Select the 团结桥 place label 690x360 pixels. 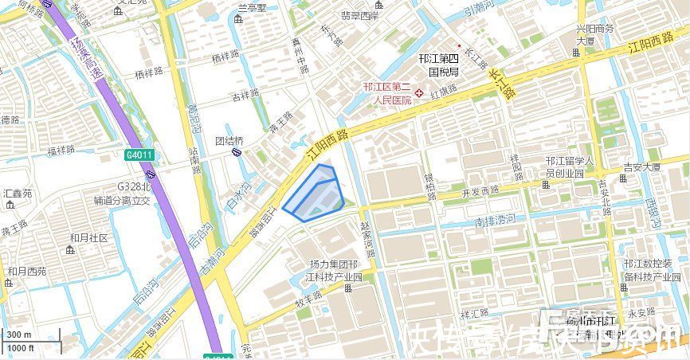pos(229,140)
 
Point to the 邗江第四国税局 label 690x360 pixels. pos(439,65)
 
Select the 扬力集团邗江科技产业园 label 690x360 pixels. pos(335,271)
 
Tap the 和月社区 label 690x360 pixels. pos(88,238)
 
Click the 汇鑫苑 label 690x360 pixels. pos(18,194)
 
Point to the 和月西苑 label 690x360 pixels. pos(27,272)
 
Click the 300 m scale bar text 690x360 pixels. pos(19,335)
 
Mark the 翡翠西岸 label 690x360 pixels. pos(360,15)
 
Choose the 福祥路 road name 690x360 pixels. pos(61,150)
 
